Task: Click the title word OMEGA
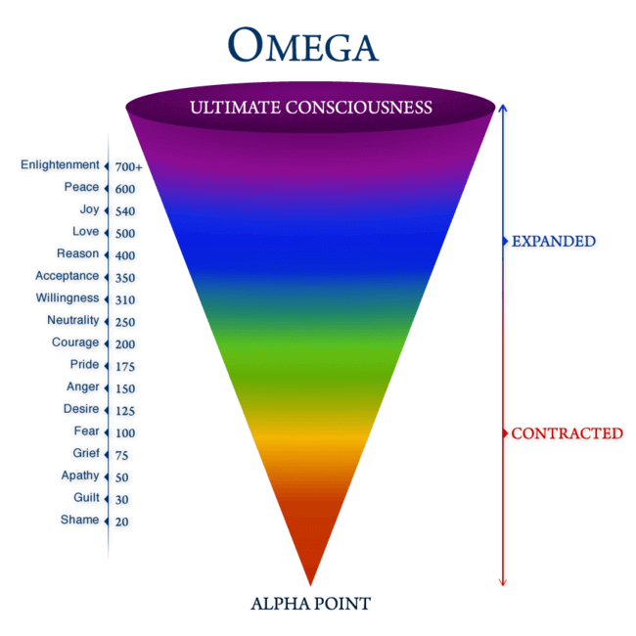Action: [303, 45]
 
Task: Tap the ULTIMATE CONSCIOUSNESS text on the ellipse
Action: [312, 107]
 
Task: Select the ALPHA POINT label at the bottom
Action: [311, 604]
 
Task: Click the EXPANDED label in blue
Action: [554, 241]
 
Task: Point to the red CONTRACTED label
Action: [567, 432]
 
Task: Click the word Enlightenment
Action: [60, 165]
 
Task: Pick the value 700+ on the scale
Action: [128, 167]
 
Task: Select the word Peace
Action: [81, 187]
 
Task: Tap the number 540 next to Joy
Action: [124, 211]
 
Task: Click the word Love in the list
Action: [85, 232]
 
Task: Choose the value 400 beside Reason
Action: [124, 255]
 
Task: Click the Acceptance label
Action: [67, 276]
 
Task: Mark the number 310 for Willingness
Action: [124, 300]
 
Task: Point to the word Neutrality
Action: [72, 320]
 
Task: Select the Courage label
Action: [75, 342]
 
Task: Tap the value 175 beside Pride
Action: [124, 367]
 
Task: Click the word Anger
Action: [82, 386]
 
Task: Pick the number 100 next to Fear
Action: [124, 432]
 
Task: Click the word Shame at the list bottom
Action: [79, 520]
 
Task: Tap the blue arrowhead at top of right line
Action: [502, 107]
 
